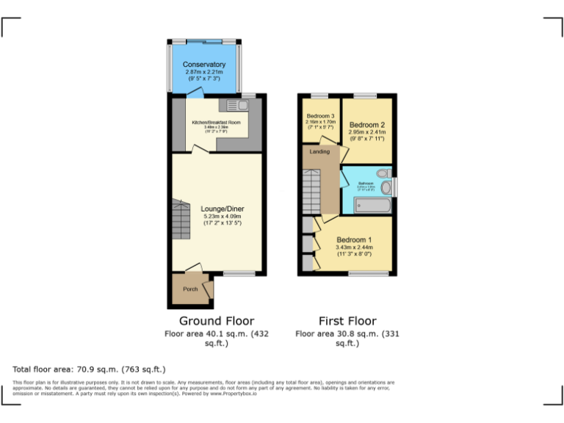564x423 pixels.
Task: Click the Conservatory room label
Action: click(x=204, y=65)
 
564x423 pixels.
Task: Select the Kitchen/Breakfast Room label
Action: click(x=216, y=122)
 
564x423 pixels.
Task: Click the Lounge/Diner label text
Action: click(x=223, y=209)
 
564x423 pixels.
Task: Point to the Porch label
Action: click(x=190, y=289)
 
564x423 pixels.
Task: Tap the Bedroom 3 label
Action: click(x=321, y=116)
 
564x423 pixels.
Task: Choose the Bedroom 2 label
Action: click(x=367, y=125)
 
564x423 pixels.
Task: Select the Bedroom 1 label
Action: click(x=354, y=240)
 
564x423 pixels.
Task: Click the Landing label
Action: click(x=319, y=151)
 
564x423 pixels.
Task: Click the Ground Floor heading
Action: click(x=217, y=321)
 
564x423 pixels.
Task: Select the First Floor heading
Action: click(x=347, y=321)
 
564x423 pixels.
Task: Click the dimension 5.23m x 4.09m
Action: click(x=223, y=217)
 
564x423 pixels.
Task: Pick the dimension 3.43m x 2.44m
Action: click(x=354, y=247)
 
